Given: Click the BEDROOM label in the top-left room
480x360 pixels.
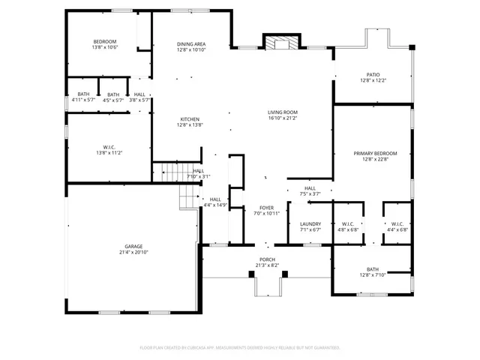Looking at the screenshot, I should [x=104, y=41].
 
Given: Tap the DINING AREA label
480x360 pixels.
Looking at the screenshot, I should [x=191, y=44].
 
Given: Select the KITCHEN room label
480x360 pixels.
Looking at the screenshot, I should [x=189, y=119].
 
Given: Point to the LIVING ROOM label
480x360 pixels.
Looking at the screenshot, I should [x=283, y=113].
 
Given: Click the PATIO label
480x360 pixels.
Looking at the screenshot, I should [x=373, y=75].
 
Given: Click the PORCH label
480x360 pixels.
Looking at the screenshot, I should [x=267, y=259].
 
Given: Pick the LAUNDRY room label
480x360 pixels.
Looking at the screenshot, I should [x=310, y=224].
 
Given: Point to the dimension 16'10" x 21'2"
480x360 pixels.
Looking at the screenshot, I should [x=283, y=118].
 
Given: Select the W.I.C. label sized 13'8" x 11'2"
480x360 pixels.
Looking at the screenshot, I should [x=109, y=147].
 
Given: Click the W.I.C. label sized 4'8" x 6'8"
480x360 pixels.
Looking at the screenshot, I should [x=348, y=224].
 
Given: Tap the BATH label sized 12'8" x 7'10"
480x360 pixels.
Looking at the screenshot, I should [x=373, y=269].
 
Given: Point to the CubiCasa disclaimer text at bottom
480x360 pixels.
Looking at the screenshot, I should [x=240, y=347].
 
